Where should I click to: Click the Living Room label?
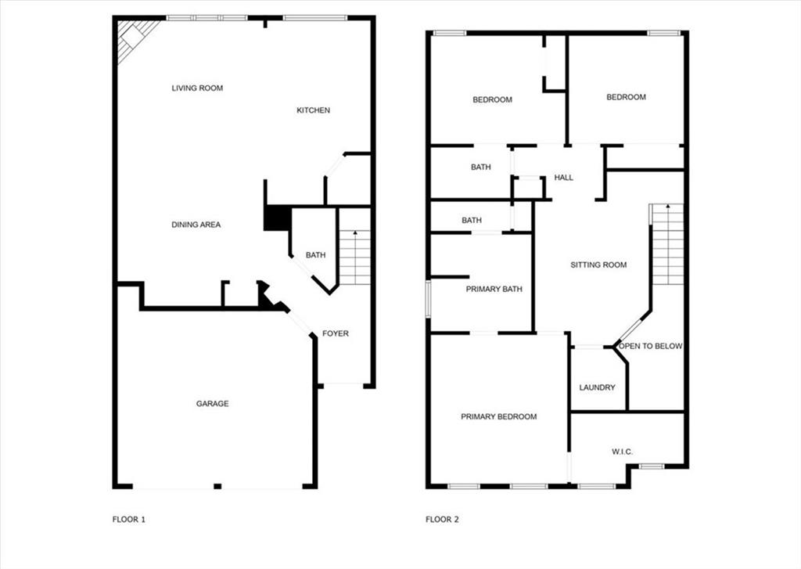coord(197,88)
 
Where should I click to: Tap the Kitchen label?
coord(313,110)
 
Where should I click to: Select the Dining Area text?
coord(196,225)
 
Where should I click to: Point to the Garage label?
coord(213,403)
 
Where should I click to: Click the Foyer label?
coord(335,333)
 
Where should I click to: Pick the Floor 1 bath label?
coord(316,254)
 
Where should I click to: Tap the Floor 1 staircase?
coord(354,257)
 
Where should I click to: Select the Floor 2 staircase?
coord(666,244)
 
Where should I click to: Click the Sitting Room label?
coord(598,265)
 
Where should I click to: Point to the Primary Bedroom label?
coord(498,416)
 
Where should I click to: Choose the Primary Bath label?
coord(494,289)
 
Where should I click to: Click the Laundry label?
coord(597,387)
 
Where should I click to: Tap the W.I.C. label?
coord(622,452)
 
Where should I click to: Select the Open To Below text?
coord(650,346)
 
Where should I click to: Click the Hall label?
coord(563,178)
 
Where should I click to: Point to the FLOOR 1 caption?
coord(129,520)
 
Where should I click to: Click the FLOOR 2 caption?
coord(442,520)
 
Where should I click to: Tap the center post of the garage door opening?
coord(217,486)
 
